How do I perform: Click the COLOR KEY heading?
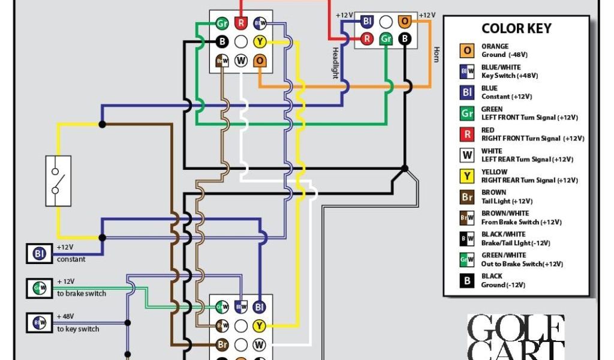click(x=516, y=29)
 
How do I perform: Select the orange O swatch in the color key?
click(x=467, y=51)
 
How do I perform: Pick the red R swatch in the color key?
click(x=467, y=134)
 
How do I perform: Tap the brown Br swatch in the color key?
click(x=467, y=197)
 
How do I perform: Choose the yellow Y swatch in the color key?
click(x=467, y=176)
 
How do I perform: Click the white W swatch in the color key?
click(x=467, y=155)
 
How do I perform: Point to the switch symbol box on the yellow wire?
click(x=58, y=181)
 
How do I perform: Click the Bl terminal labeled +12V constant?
click(x=40, y=253)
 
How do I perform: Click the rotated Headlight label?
click(x=335, y=62)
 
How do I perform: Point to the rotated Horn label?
click(x=436, y=55)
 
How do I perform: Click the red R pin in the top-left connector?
click(x=241, y=23)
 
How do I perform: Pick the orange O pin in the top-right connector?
click(x=405, y=22)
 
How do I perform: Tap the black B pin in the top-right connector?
click(x=405, y=40)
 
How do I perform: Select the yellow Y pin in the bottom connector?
click(x=259, y=326)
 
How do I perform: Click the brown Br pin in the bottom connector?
click(x=222, y=345)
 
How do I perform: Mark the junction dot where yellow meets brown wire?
click(x=103, y=124)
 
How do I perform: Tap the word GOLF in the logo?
click(x=516, y=329)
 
